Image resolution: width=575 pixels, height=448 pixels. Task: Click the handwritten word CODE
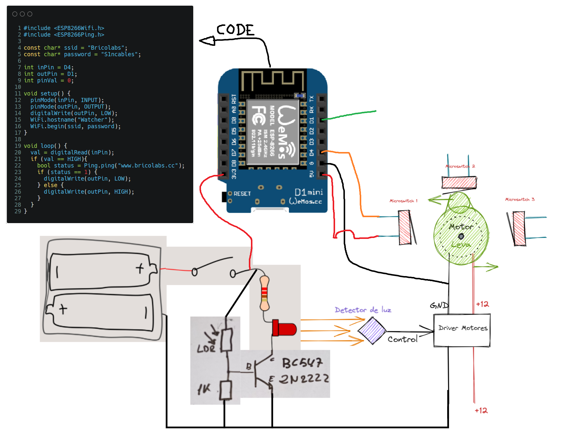click(x=235, y=30)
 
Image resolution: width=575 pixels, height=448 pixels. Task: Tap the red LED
click(x=285, y=329)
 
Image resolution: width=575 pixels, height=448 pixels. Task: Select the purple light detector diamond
click(x=372, y=330)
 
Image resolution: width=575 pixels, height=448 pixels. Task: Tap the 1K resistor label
click(x=204, y=389)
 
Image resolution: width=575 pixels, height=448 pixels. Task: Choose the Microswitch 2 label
click(x=460, y=166)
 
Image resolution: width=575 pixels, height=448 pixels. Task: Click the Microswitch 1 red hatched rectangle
click(x=404, y=227)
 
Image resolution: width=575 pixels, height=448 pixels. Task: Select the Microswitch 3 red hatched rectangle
click(x=519, y=228)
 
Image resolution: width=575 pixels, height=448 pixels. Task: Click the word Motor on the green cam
click(x=461, y=227)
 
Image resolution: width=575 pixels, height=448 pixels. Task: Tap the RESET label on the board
click(x=242, y=194)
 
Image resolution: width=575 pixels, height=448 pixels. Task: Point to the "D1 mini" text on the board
click(x=309, y=192)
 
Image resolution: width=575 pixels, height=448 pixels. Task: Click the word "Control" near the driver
click(x=402, y=339)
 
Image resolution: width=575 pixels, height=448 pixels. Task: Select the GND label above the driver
click(x=439, y=306)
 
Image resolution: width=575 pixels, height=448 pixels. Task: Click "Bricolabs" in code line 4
click(x=106, y=48)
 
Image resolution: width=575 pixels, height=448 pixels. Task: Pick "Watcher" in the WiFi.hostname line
click(x=92, y=120)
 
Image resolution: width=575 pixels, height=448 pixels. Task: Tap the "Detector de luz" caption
click(x=363, y=310)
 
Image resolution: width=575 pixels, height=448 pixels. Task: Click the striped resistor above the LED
click(x=264, y=293)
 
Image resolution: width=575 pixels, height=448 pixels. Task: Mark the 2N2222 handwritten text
click(x=304, y=379)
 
